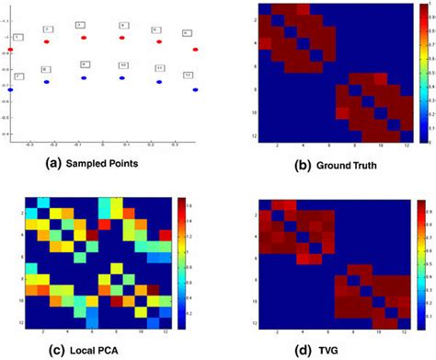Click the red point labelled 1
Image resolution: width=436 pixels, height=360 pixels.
pyautogui.click(x=9, y=48)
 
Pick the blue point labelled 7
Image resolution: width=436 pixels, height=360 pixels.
pyautogui.click(x=9, y=89)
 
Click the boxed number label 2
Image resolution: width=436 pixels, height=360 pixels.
pyautogui.click(x=48, y=29)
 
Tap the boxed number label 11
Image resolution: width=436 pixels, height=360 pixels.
pyautogui.click(x=159, y=67)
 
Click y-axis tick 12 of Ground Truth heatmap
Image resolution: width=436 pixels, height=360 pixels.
pyautogui.click(x=248, y=136)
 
